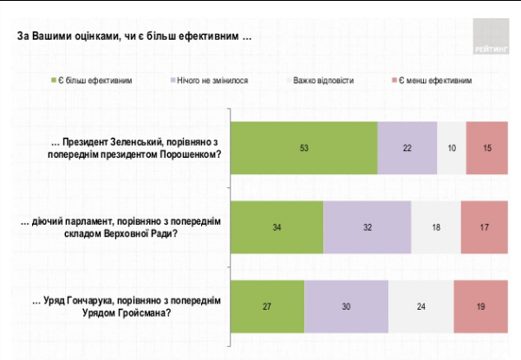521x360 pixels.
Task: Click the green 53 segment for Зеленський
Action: point(304,148)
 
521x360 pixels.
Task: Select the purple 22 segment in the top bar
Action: point(407,148)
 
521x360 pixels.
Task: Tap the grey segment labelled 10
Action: point(452,148)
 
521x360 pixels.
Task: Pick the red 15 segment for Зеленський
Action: point(488,148)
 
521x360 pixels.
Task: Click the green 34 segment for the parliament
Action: point(277,227)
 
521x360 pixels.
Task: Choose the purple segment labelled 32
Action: point(367,227)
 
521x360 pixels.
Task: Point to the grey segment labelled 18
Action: point(435,227)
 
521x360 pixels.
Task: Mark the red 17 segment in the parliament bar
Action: point(485,227)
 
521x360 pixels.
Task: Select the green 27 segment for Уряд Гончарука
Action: point(267,305)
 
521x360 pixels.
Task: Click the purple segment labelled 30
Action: point(346,305)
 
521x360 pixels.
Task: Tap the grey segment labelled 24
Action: point(420,305)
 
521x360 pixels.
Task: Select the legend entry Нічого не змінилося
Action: point(208,80)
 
